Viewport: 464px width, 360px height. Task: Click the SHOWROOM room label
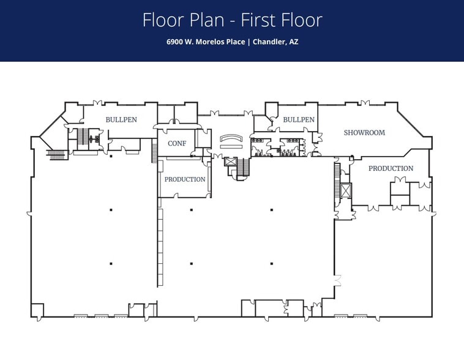(x=364, y=133)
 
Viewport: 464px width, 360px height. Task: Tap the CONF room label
(x=177, y=143)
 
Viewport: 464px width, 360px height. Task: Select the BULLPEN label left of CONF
(x=121, y=120)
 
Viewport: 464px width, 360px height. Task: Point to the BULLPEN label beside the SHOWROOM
(x=299, y=120)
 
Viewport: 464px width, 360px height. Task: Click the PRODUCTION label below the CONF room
(x=184, y=179)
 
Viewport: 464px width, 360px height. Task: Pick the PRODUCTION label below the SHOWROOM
(x=391, y=168)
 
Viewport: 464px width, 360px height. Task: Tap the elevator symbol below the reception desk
(x=230, y=162)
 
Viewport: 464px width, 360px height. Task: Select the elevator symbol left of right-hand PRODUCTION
(x=346, y=190)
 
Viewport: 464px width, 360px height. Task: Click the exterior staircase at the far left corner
(x=56, y=155)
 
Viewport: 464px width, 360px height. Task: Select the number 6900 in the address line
(x=175, y=42)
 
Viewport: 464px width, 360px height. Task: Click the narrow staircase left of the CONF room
(x=154, y=151)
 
